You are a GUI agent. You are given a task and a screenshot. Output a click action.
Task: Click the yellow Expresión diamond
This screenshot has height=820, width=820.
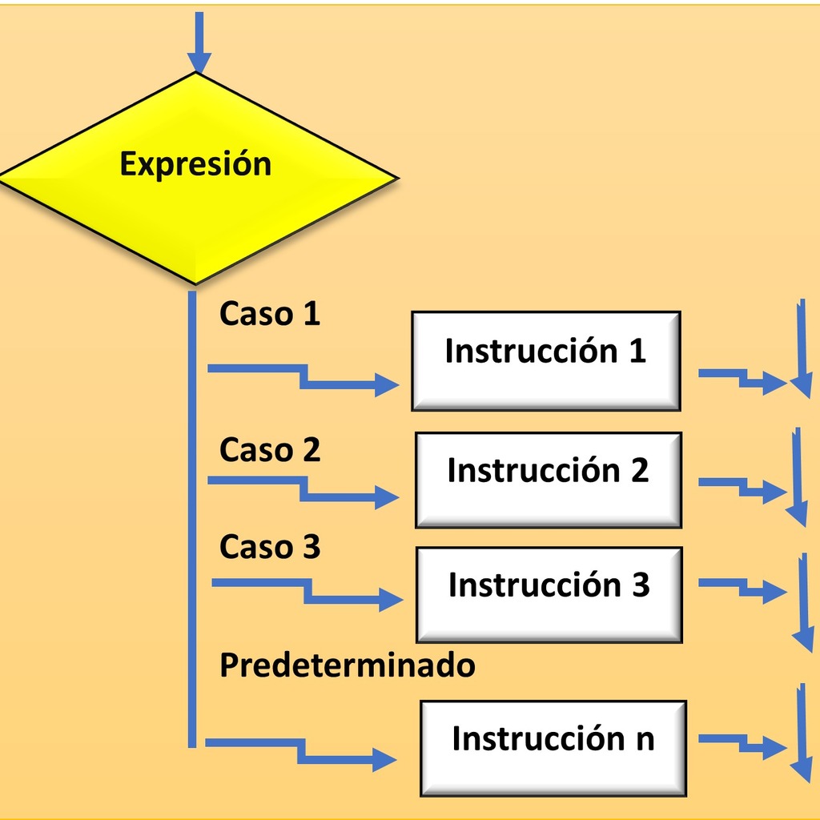[198, 178]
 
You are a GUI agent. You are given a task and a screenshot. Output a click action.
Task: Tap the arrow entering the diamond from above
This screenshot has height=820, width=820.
[199, 42]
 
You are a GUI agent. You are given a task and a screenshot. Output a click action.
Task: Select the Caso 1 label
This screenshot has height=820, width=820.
[269, 314]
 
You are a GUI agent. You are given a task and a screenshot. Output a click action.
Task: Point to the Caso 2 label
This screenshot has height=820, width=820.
[269, 450]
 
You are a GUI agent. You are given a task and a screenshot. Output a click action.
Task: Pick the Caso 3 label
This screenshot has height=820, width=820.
[269, 546]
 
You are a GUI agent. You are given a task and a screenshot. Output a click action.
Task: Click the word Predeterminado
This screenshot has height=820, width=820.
[348, 665]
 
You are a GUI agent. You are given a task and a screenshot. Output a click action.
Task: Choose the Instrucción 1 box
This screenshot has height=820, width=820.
[546, 361]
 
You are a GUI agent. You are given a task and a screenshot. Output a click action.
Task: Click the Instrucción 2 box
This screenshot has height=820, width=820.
[549, 480]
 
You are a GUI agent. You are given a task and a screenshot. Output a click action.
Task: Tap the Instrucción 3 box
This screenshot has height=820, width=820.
[549, 595]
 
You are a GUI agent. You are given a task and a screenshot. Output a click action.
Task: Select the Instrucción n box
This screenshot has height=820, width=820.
[553, 749]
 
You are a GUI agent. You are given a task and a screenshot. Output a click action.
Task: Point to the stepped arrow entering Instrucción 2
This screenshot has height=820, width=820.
[303, 488]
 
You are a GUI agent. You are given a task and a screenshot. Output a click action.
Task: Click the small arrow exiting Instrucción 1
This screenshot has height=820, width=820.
[742, 379]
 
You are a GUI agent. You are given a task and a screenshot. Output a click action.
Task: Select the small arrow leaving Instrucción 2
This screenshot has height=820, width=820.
[742, 488]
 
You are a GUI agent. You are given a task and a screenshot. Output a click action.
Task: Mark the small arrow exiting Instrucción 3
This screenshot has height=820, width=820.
[742, 588]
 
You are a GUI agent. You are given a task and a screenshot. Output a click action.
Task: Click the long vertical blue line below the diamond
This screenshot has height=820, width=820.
[192, 519]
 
